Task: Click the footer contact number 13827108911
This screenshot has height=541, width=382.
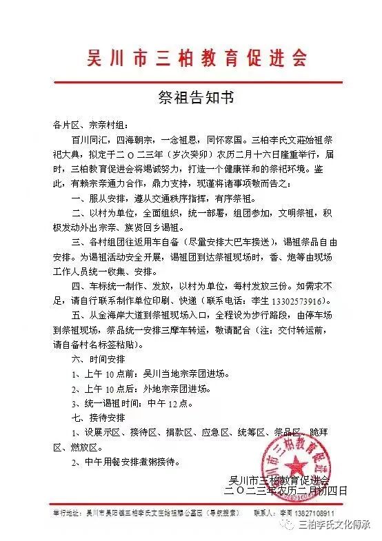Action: [x=311, y=514]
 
